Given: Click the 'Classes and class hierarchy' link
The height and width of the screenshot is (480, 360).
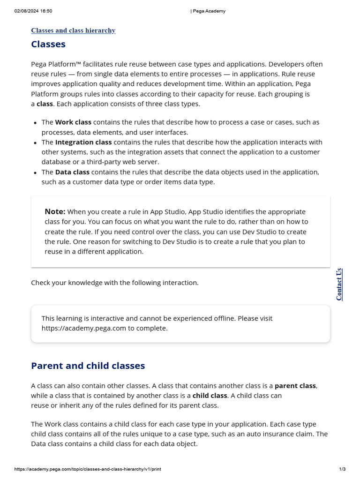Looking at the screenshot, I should [73, 30].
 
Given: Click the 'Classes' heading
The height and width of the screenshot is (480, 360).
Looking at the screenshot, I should [48, 45].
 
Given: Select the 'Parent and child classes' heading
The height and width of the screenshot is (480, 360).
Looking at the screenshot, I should [88, 366].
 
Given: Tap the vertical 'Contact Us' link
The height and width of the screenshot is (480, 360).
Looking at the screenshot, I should [339, 284].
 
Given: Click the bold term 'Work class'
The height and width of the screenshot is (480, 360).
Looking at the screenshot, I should [73, 122].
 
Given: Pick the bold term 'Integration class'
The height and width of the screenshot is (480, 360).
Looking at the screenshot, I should [83, 142].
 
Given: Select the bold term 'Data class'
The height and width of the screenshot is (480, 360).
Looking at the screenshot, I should [72, 172].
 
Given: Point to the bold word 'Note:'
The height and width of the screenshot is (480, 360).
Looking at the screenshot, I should [55, 211].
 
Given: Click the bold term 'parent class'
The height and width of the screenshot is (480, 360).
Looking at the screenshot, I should [295, 386].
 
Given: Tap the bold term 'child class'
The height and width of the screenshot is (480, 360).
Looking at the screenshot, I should [210, 396].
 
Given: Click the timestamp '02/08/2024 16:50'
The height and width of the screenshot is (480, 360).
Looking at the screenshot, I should [33, 11].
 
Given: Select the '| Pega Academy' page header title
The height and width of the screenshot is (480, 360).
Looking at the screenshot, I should [208, 11].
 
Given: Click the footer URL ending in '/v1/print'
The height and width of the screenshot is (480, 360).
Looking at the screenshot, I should [88, 469].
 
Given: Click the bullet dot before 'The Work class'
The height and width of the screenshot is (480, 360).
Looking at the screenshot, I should [36, 123].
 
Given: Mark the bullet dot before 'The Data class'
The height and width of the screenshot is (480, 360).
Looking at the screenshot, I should [36, 172].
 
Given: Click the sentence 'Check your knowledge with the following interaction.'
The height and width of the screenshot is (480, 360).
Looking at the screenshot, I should [115, 283].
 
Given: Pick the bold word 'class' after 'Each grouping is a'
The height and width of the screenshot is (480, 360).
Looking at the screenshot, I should [45, 104].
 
